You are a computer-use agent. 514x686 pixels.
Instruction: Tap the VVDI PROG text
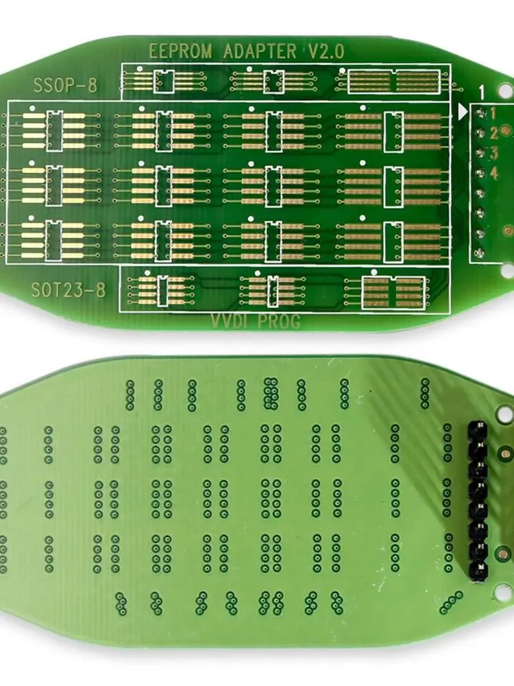tap(256, 321)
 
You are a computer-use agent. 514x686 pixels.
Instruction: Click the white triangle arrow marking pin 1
tap(463, 110)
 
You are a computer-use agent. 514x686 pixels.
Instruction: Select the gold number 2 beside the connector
tap(493, 132)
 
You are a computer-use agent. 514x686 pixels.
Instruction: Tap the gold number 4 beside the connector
tap(493, 174)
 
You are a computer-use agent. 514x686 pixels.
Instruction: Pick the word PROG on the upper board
tap(279, 321)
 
